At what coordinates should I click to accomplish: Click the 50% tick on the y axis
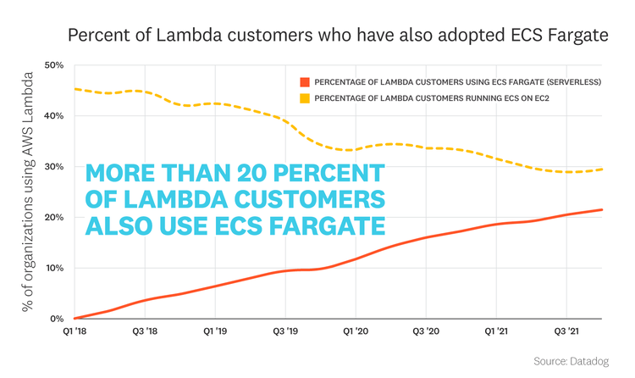55,65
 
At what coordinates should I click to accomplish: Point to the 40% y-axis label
55,116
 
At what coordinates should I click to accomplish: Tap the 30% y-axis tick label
55,167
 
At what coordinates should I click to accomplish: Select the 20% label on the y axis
55,218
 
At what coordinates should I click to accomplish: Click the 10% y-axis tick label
55,269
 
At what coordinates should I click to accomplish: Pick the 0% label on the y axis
58,320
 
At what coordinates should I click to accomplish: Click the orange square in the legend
304,82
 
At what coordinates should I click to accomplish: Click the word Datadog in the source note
591,361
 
